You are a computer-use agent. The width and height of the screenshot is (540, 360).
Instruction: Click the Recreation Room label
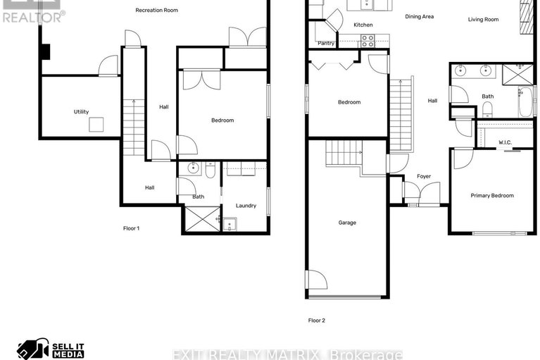(156, 11)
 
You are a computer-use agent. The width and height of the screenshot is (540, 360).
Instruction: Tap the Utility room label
(81, 112)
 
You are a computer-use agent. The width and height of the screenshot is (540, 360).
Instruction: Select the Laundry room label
(246, 206)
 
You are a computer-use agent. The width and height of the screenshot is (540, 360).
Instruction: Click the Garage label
(347, 223)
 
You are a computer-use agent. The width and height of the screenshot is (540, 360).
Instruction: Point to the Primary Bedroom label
(492, 196)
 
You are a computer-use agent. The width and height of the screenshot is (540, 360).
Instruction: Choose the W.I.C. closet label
(505, 142)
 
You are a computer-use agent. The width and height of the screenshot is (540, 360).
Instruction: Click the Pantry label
(326, 43)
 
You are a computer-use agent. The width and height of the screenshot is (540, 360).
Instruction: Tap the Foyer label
(424, 177)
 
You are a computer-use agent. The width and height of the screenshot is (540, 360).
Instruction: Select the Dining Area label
(419, 16)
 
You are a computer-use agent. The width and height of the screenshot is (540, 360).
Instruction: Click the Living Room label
(483, 20)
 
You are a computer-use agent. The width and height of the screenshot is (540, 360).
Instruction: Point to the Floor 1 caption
(132, 228)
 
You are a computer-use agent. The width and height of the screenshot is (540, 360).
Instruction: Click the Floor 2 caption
(316, 321)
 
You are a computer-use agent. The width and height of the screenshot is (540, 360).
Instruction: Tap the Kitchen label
(363, 25)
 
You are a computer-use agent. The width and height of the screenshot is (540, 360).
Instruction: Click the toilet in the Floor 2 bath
(487, 108)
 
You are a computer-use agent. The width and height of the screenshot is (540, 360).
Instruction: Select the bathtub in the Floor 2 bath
(525, 103)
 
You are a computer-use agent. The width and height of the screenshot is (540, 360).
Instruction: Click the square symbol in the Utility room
(96, 124)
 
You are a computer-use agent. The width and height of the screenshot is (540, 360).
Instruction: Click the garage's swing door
(315, 280)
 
